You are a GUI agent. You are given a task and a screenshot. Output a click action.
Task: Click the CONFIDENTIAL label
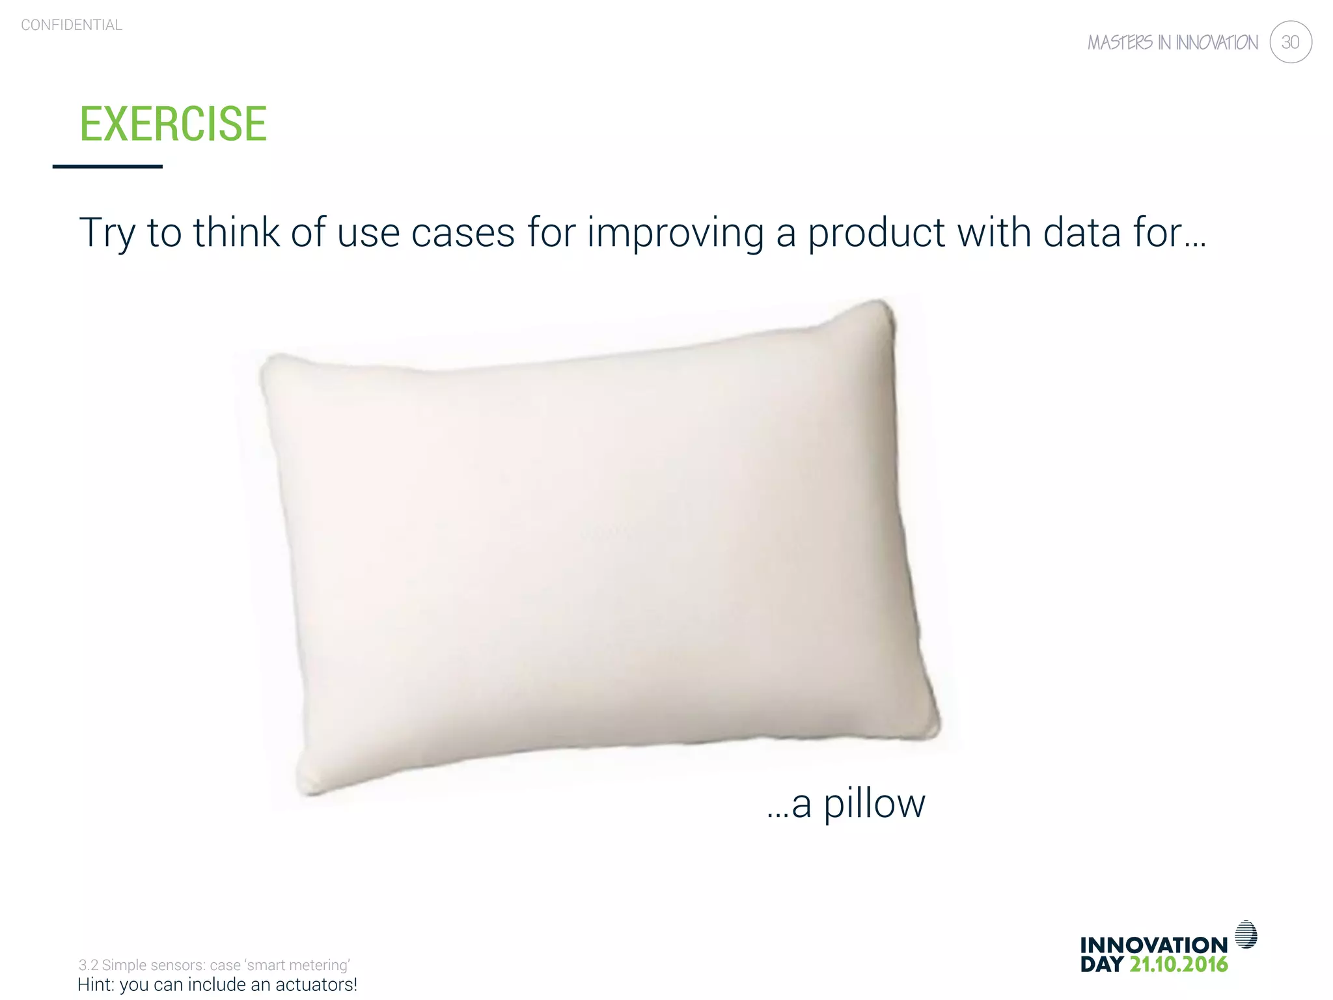(x=72, y=25)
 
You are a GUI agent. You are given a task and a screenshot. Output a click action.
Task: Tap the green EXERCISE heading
(x=173, y=124)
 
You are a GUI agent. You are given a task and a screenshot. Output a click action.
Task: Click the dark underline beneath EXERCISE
(x=107, y=167)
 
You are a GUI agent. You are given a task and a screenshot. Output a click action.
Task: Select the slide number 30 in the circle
(x=1290, y=42)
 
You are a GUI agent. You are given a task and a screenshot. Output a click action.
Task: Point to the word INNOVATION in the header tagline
(x=1216, y=43)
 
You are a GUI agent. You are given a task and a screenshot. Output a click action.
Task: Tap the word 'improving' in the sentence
(x=675, y=232)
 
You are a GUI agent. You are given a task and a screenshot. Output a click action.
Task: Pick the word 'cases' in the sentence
(x=463, y=232)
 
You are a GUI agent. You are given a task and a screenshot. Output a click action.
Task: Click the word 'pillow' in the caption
(x=874, y=803)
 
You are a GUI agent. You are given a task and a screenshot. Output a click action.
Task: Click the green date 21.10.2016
(x=1178, y=964)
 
